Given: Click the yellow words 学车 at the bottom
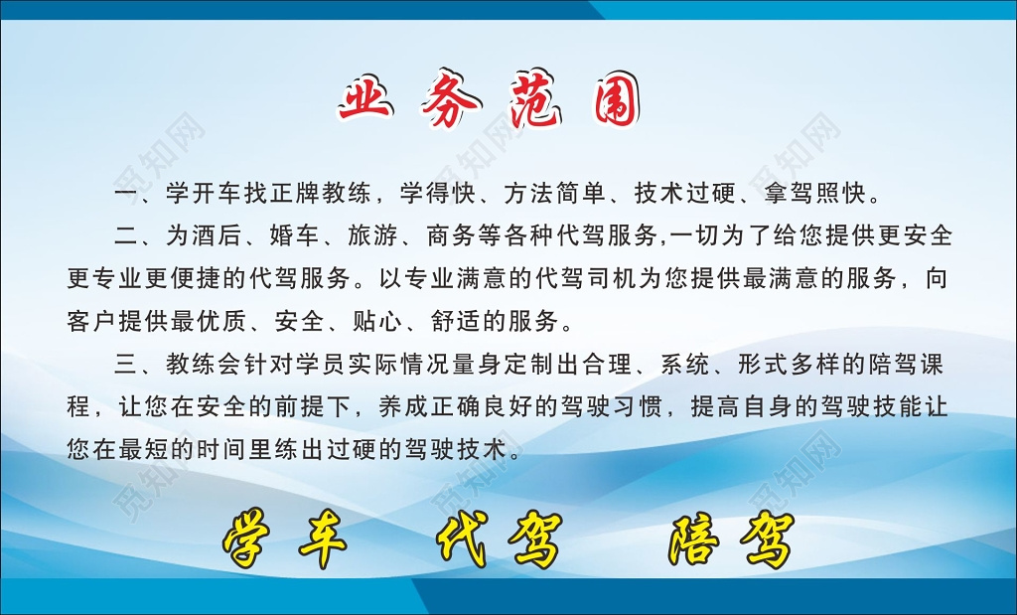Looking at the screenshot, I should point(284,541).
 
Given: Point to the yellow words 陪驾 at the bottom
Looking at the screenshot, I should point(731,541).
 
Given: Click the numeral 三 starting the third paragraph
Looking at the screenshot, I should point(125,365).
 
